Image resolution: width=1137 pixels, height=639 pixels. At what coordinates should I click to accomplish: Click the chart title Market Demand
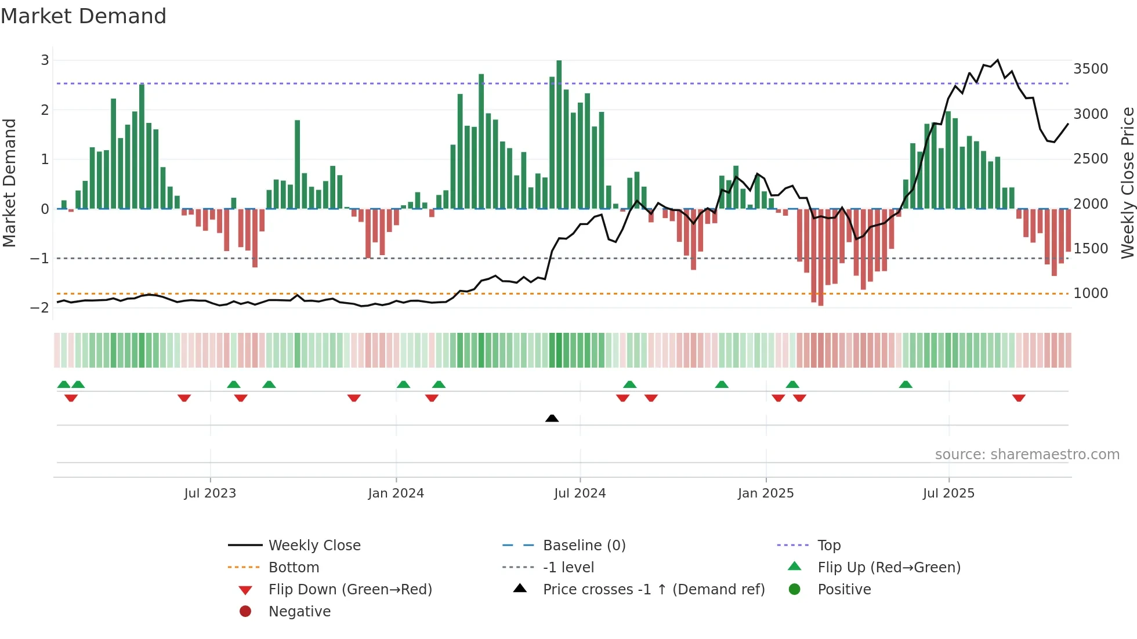[84, 16]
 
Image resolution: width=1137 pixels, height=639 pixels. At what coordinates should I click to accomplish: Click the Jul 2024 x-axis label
[580, 493]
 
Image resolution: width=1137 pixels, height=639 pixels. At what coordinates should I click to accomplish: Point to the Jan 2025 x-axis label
[766, 493]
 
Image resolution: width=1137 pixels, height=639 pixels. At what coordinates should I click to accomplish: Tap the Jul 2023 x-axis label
[210, 493]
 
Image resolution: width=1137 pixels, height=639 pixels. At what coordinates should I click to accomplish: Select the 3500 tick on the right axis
[1091, 69]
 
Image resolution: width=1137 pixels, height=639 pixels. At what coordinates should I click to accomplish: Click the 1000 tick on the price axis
[1091, 293]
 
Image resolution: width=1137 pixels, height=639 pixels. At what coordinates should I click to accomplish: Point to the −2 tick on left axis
[40, 308]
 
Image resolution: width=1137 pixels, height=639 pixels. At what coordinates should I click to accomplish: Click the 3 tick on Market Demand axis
[45, 60]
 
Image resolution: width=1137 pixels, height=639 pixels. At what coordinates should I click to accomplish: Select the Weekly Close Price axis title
[1127, 183]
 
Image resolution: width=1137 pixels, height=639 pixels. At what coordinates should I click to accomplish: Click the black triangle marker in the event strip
[552, 418]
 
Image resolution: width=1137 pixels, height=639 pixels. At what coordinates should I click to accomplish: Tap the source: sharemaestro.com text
[1027, 455]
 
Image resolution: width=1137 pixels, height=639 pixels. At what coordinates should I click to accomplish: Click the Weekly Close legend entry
[314, 546]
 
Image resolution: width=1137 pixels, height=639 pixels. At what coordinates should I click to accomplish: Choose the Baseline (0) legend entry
[584, 546]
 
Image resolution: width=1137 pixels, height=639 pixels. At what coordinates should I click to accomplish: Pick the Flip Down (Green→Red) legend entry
[350, 590]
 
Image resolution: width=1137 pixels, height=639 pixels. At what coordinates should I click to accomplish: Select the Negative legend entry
[299, 612]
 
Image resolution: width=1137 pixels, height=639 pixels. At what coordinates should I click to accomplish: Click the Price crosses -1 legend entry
[653, 590]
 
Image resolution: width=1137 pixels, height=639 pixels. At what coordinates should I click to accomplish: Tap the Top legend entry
[829, 546]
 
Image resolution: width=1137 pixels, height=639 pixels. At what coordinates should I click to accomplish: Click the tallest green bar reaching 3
[559, 133]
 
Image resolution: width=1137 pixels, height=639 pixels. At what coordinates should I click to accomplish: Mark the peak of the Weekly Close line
[997, 60]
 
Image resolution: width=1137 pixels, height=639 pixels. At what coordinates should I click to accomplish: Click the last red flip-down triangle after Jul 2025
[1019, 398]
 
